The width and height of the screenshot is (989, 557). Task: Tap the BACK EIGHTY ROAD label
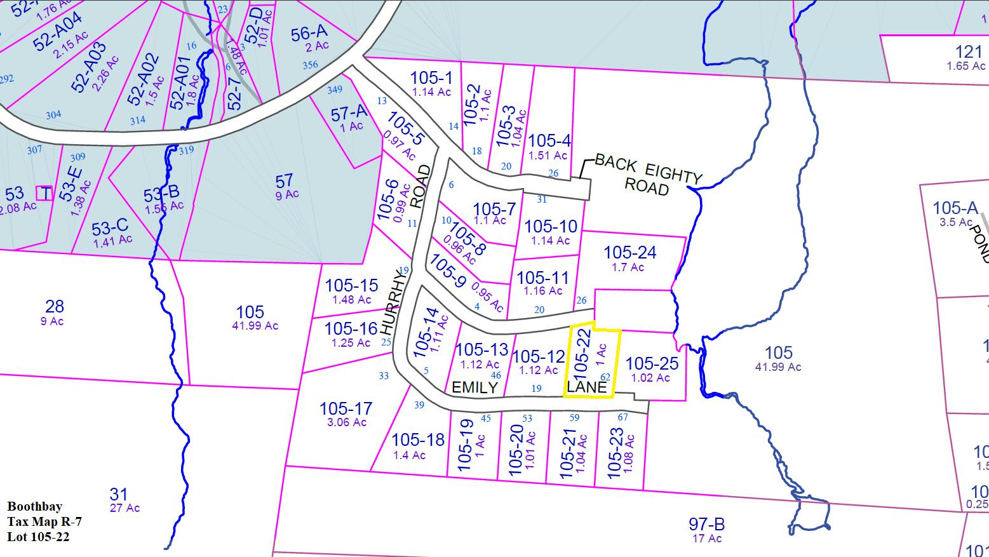tap(648, 175)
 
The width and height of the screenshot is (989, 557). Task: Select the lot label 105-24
tap(629, 253)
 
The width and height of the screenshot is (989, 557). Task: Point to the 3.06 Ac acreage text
tap(347, 422)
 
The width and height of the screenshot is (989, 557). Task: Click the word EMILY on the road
tap(474, 387)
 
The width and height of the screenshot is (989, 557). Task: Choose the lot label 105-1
tap(431, 78)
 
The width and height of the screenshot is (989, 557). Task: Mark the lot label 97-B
tap(706, 525)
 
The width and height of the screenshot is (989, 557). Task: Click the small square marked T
tap(45, 193)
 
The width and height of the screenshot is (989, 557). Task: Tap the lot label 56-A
tap(309, 34)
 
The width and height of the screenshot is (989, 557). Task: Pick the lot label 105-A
tap(955, 208)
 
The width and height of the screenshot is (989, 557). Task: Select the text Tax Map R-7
tap(44, 521)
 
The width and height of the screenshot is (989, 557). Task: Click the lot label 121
tap(969, 52)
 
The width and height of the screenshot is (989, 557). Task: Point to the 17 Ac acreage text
tap(706, 539)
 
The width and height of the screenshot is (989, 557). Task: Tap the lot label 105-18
tap(418, 440)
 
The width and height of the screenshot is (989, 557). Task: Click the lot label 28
tap(55, 307)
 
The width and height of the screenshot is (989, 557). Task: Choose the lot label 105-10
tap(551, 227)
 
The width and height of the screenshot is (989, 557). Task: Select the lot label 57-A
tap(349, 114)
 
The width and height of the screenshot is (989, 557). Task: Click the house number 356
tap(310, 65)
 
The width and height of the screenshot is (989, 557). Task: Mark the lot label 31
tap(119, 494)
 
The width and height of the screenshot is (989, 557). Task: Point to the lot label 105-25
tap(652, 364)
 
